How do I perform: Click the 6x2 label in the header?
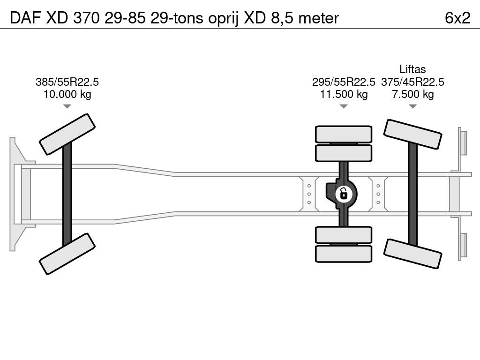tap(457, 18)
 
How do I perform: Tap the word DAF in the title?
tap(25, 18)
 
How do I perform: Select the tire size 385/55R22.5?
tap(67, 82)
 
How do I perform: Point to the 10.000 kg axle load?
tap(67, 94)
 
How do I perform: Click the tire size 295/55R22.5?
tap(344, 82)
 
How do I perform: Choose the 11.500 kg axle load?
tap(344, 94)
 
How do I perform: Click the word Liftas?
tap(412, 69)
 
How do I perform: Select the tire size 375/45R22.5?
tap(412, 82)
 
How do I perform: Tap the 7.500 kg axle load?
tap(412, 94)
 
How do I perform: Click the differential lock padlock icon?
tap(344, 194)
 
